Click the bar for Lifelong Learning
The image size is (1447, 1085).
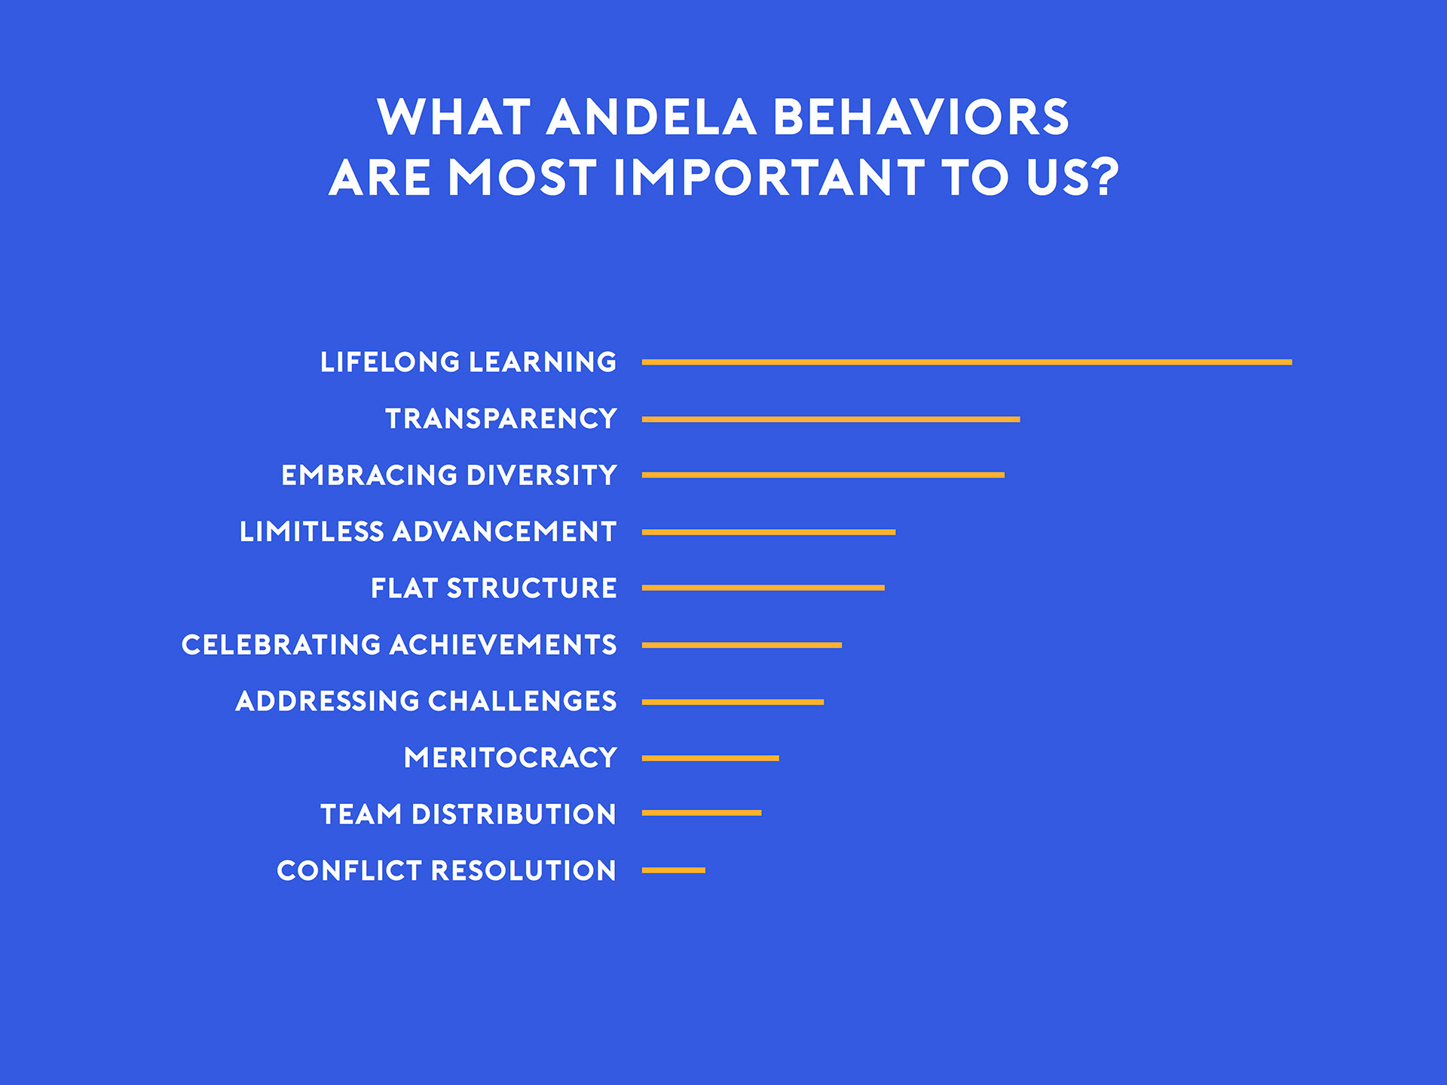coord(967,362)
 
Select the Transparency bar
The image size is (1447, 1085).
coord(831,419)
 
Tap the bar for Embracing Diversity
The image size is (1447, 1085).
coord(823,475)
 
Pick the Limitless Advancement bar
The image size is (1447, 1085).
coord(769,532)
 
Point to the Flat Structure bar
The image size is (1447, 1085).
coord(763,588)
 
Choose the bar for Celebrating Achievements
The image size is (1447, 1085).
coord(742,645)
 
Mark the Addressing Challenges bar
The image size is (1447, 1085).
coord(733,702)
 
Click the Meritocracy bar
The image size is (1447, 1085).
coord(710,758)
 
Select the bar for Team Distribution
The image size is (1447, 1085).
coord(702,813)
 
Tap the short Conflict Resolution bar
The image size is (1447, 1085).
coord(674,870)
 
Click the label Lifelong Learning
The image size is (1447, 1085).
coord(468,362)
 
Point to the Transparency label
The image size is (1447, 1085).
coord(501,419)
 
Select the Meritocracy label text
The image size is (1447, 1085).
coord(510,758)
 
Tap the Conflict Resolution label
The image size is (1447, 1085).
coord(446,871)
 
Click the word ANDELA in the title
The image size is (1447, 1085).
coord(651,118)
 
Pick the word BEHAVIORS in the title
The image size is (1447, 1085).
coord(921,118)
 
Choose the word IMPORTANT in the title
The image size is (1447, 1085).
coord(769,178)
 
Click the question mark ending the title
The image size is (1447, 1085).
coord(1104,178)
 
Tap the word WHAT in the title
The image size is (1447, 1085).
coord(454,118)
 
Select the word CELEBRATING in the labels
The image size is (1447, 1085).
coord(281,645)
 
